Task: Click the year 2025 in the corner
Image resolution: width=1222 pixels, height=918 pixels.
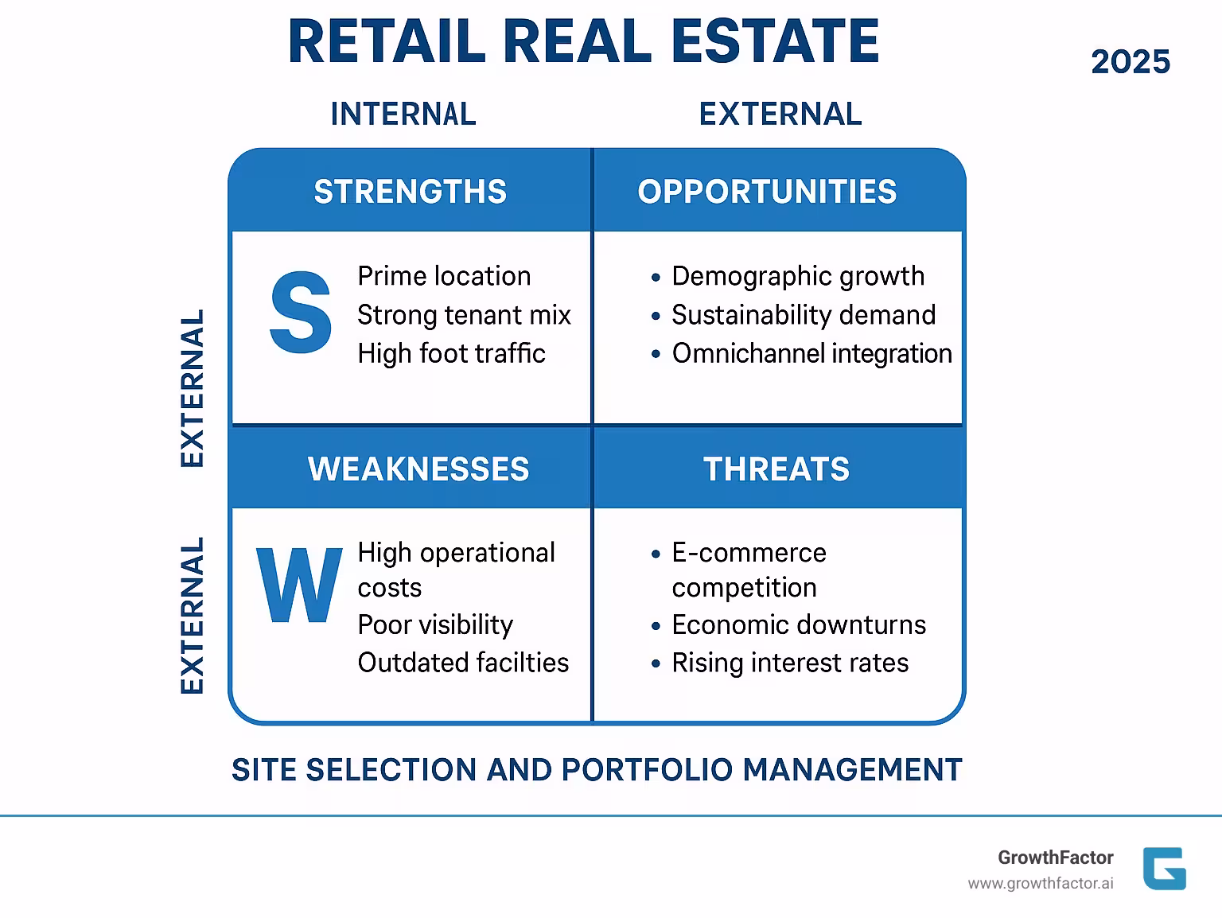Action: click(x=1130, y=62)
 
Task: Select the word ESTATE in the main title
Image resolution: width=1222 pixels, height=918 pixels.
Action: click(x=775, y=41)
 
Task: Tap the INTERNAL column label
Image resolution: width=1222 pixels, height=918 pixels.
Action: click(x=403, y=114)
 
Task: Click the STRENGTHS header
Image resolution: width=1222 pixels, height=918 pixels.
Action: click(x=410, y=192)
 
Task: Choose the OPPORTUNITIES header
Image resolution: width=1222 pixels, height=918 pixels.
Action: click(x=767, y=192)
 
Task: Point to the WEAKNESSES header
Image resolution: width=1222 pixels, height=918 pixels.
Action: click(x=418, y=469)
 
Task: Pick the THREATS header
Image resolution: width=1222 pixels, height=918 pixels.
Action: click(x=776, y=469)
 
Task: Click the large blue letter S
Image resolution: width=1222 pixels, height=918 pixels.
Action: click(x=301, y=313)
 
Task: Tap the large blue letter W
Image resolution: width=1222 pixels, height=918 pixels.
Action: click(x=298, y=585)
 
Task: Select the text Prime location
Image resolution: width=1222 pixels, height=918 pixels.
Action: click(x=444, y=276)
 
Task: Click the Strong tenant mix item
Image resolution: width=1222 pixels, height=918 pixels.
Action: click(x=464, y=315)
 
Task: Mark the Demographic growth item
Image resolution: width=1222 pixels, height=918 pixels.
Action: click(x=798, y=276)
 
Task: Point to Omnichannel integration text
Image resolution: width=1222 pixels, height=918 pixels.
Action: click(x=811, y=353)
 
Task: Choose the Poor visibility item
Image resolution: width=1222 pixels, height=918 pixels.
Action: click(x=435, y=625)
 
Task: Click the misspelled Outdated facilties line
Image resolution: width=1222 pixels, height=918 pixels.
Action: click(x=463, y=663)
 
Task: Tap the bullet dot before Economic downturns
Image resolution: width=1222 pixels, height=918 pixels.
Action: click(x=656, y=626)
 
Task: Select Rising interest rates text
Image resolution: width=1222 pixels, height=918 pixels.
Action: click(x=790, y=663)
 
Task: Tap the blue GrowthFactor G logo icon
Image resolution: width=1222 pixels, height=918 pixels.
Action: click(x=1164, y=869)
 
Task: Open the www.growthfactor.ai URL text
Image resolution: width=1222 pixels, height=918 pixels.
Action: click(x=1040, y=884)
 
